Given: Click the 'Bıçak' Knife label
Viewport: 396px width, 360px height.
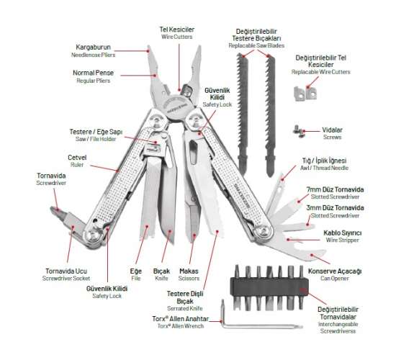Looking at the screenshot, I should point(161,272).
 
